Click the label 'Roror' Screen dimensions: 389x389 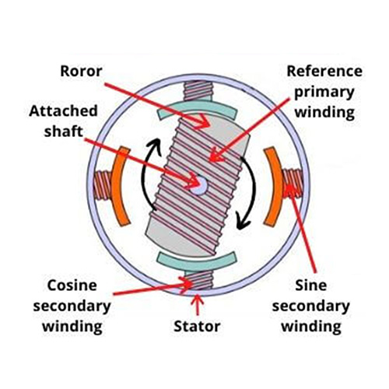81,71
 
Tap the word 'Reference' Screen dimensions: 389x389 324,71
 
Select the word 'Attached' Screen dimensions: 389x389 63,110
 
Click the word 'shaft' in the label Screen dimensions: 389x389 63,131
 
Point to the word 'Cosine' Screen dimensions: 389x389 72,286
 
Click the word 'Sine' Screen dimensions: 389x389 311,286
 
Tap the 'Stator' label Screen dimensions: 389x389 197,326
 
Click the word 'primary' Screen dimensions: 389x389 324,93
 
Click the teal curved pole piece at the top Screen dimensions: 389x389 198,108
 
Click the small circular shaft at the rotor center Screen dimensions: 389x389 199,186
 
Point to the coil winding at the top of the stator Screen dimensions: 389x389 198,91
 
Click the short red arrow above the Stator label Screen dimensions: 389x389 198,305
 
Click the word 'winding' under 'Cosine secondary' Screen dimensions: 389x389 72,326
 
